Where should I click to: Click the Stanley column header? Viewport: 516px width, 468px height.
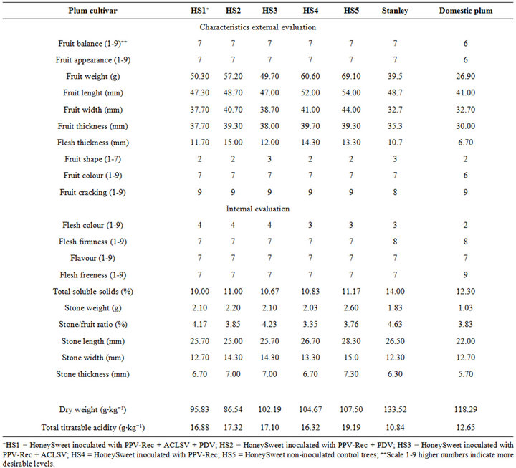[395, 11]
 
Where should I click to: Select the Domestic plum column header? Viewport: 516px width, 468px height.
[466, 11]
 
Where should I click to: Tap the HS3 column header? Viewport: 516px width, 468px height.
[269, 11]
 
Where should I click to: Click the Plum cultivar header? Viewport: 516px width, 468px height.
[92, 11]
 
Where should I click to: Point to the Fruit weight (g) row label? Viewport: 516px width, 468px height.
[92, 77]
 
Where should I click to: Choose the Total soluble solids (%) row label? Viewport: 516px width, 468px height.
[92, 291]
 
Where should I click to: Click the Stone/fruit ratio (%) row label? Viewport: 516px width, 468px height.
[92, 324]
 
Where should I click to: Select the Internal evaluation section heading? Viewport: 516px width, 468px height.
[258, 209]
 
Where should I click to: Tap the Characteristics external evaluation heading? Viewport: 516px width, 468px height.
[258, 27]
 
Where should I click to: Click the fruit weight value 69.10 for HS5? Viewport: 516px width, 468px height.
[351, 77]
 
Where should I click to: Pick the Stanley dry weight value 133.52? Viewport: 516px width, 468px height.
[395, 409]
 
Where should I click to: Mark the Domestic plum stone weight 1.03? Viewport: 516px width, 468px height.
[465, 307]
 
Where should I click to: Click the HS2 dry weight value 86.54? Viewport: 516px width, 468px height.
[233, 409]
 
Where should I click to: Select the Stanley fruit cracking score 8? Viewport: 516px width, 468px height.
[395, 192]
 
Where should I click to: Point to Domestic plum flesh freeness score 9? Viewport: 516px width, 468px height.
[465, 274]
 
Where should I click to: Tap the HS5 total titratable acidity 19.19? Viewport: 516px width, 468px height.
[351, 428]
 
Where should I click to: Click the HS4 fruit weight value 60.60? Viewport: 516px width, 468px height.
[310, 77]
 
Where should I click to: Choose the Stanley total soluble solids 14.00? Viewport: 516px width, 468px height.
[395, 291]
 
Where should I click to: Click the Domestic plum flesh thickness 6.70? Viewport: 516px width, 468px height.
[465, 143]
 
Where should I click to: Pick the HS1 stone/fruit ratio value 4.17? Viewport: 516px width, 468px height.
[199, 324]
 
